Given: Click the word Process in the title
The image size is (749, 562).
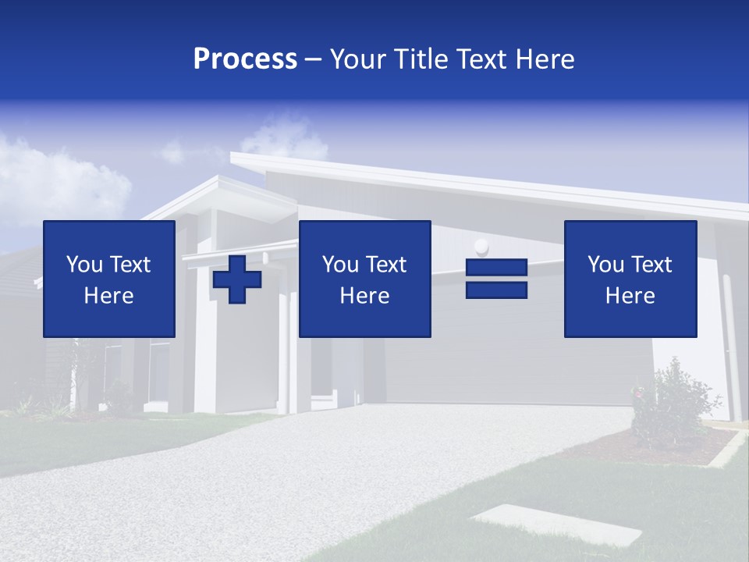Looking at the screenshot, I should click(245, 59).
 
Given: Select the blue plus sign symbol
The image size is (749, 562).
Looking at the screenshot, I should click(237, 279).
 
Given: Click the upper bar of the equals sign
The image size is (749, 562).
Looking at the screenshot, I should click(496, 268).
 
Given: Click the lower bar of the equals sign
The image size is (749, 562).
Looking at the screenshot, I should click(496, 290).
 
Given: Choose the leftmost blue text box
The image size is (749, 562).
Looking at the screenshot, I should click(109, 279).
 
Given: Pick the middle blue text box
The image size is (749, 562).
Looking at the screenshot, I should click(364, 279).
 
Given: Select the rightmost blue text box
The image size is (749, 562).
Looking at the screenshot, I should click(630, 279).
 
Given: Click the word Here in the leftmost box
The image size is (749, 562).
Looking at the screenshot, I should click(109, 296).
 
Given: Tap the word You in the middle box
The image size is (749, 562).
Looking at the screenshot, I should click(340, 265).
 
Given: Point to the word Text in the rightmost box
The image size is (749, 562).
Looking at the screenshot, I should click(651, 265).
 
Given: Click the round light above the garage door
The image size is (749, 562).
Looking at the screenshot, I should click(481, 247).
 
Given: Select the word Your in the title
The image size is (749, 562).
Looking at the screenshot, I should click(357, 59).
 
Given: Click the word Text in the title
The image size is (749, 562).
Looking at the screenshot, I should click(481, 59).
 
